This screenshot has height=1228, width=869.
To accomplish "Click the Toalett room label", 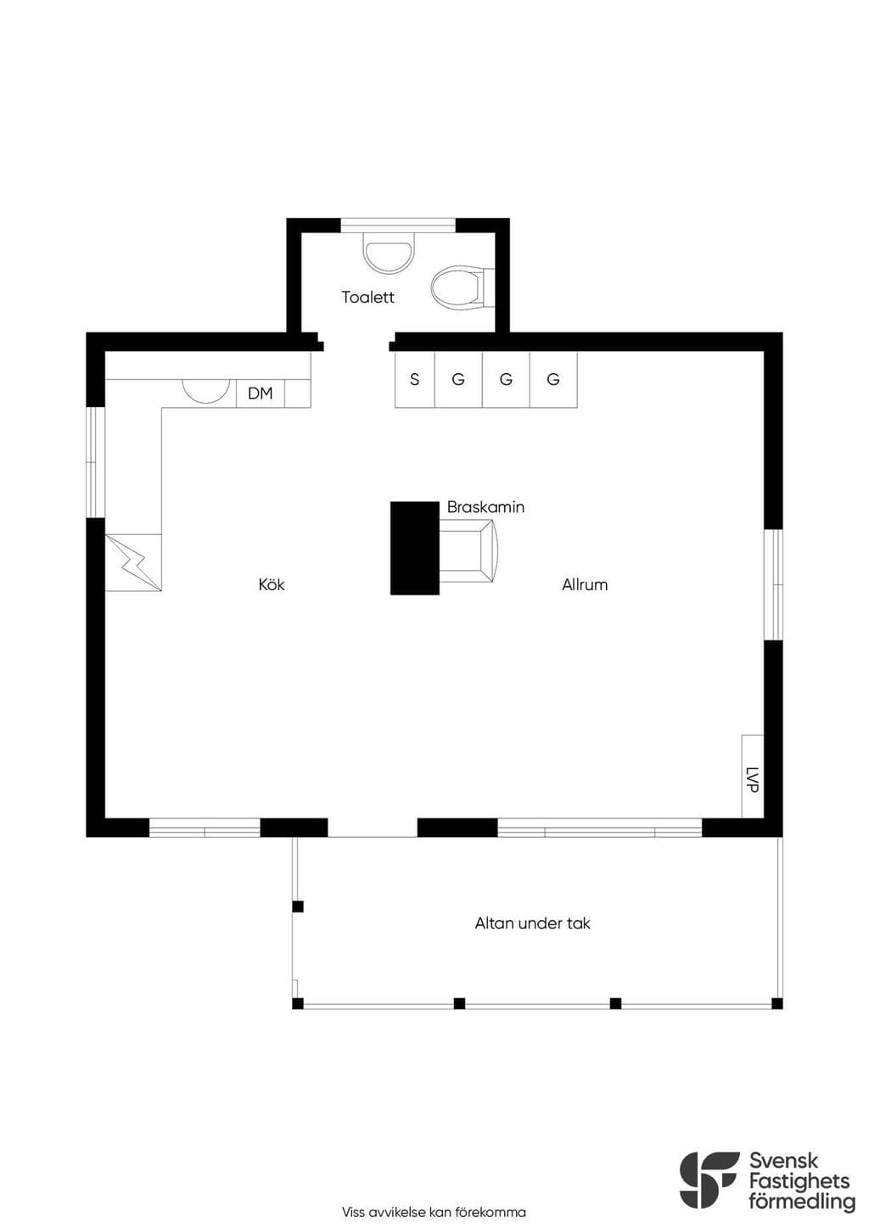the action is pos(367,297).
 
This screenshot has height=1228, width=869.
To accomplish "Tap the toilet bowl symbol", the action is pos(462,287).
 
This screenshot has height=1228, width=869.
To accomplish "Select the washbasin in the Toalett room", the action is pos(389,255).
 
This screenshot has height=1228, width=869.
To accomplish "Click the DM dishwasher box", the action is pos(260,393).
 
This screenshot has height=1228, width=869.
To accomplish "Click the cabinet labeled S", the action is pos(415,379).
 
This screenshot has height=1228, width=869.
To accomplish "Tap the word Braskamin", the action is pos(485,507).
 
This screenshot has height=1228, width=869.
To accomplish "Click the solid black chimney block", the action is pos(415,548).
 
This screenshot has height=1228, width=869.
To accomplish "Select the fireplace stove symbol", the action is pos(468,550).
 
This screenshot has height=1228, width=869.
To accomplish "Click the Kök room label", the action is pos(272,584).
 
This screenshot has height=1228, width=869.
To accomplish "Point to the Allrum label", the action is pos(585,584).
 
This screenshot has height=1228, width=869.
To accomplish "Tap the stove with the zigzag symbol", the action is pos(133,563).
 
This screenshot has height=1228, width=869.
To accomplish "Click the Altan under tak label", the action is pos(532,924).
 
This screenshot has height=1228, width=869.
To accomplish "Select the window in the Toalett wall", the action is pos(398,226).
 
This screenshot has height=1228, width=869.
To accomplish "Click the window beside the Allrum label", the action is pos(774,584).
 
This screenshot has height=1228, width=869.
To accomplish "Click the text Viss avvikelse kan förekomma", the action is pos(434,1212).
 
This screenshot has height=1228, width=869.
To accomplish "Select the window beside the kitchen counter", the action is pos(95,462).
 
